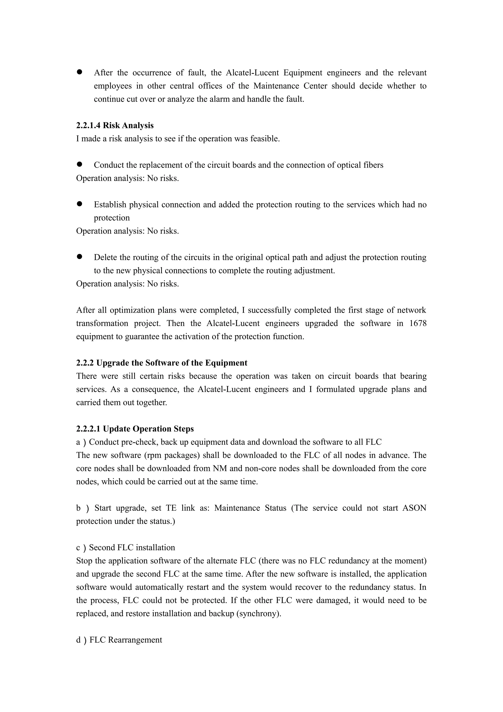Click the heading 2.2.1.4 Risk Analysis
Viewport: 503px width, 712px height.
point(115,125)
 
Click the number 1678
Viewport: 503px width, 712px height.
point(418,323)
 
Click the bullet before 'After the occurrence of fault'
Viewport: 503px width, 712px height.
point(79,72)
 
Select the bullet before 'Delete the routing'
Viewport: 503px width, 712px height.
point(79,257)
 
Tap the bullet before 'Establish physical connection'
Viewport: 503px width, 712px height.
point(79,204)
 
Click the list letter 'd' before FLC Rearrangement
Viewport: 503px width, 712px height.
point(78,640)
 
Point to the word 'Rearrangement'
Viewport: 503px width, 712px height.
point(135,640)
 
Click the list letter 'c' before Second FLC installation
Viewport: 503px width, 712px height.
point(78,548)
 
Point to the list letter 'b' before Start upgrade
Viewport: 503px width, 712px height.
point(78,508)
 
